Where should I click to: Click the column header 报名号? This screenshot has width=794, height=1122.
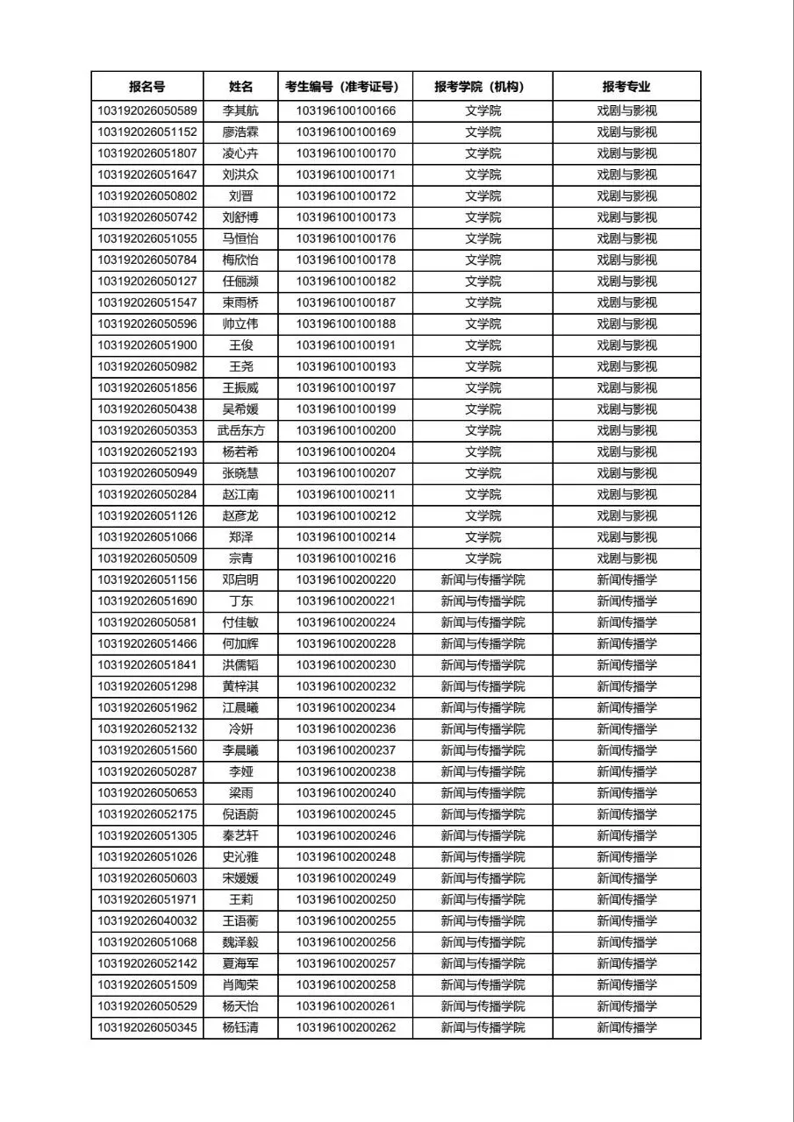(x=147, y=87)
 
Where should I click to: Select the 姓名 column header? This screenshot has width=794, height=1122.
(x=240, y=87)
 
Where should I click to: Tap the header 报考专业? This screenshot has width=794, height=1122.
(x=626, y=87)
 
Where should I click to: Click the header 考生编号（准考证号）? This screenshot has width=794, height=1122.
(x=346, y=87)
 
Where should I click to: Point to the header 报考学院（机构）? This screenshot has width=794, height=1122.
(x=483, y=87)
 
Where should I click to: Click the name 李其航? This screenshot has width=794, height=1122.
(x=240, y=111)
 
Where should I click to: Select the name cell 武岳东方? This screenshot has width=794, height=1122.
(x=240, y=431)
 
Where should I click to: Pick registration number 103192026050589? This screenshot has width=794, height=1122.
(x=147, y=111)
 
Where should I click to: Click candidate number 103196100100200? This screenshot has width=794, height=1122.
(x=346, y=431)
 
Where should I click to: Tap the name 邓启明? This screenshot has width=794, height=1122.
(x=240, y=580)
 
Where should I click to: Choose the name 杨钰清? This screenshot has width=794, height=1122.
(x=240, y=1027)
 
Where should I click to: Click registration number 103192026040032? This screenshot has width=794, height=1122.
(x=147, y=921)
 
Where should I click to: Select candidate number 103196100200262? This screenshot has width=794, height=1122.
(x=346, y=1027)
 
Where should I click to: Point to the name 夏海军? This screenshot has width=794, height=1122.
(x=240, y=963)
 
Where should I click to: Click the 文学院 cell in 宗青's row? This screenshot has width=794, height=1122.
(x=483, y=558)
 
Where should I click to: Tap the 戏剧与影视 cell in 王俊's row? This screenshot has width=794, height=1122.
(x=626, y=345)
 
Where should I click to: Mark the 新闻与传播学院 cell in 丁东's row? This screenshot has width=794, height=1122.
(x=483, y=601)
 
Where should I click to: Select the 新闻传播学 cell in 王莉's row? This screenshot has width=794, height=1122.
(x=626, y=899)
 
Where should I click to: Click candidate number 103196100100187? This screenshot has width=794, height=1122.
(x=346, y=303)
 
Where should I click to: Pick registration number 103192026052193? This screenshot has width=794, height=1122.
(x=147, y=452)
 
